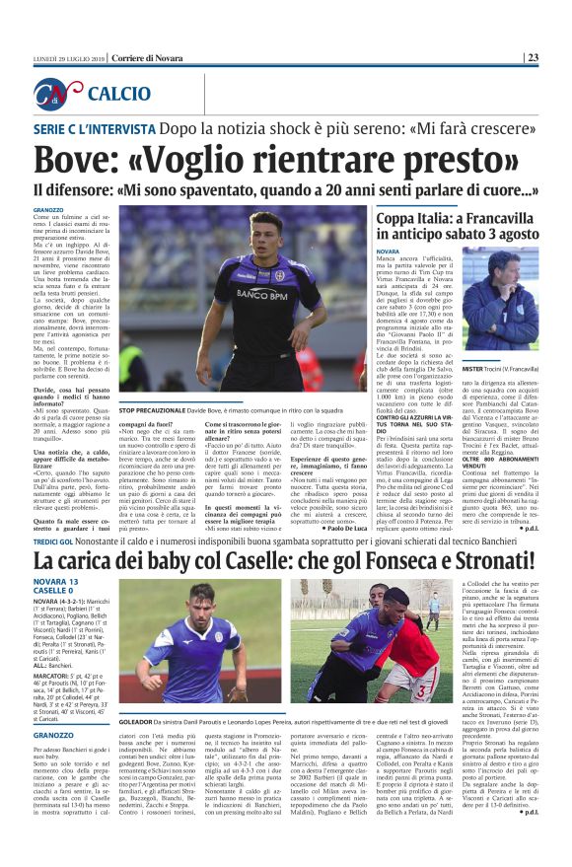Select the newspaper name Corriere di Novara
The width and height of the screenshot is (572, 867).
pos(145,57)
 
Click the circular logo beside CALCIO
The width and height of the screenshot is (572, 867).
pos(57,94)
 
